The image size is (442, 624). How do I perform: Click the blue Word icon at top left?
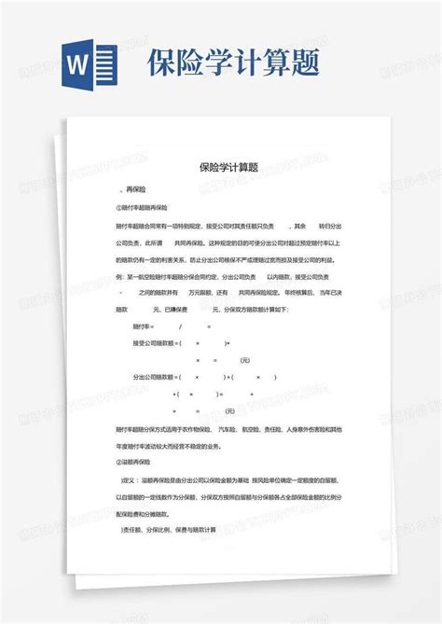tap(91, 63)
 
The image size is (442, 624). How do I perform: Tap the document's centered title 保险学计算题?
tap(228, 168)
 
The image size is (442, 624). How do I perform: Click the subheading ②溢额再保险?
tap(141, 461)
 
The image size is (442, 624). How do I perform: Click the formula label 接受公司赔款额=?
tap(159, 343)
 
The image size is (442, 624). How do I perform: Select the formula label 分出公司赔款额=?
tap(159, 377)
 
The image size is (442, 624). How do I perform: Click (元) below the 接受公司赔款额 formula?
tap(245, 360)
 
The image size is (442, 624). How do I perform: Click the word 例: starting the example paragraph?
tap(119, 276)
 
